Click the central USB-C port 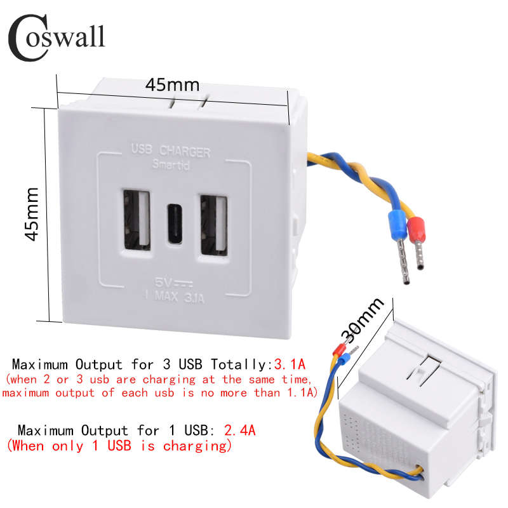click(174, 222)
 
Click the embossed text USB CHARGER click(170, 152)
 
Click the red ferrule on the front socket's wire click(417, 225)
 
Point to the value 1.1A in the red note click(298, 393)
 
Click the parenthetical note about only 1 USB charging click(118, 446)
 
